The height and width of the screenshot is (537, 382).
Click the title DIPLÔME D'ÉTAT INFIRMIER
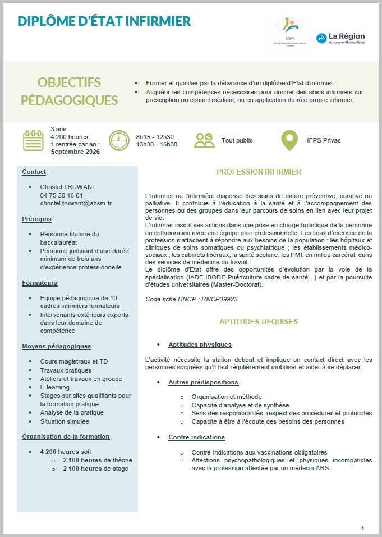click(x=104, y=22)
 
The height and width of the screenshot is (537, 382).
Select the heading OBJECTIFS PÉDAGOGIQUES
click(x=69, y=91)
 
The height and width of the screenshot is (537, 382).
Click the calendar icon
click(x=33, y=140)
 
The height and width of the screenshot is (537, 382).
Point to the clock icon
click(x=119, y=140)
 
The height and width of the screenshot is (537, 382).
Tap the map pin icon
click(x=289, y=140)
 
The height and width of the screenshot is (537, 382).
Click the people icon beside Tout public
click(x=205, y=140)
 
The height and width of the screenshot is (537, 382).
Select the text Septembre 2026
click(x=75, y=152)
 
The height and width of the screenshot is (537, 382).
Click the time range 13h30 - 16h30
click(x=157, y=144)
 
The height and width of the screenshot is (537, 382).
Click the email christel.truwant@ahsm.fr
click(x=76, y=203)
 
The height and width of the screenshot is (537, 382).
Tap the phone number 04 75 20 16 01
click(x=61, y=195)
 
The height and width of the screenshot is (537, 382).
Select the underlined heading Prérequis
click(x=36, y=219)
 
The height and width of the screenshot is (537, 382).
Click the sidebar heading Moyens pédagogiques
click(x=57, y=346)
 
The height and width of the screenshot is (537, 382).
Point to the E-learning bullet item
click(x=55, y=387)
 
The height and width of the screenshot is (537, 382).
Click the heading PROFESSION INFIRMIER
click(x=259, y=172)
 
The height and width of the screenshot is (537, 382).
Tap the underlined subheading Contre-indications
click(x=196, y=437)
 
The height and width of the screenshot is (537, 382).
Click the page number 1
click(x=363, y=528)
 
